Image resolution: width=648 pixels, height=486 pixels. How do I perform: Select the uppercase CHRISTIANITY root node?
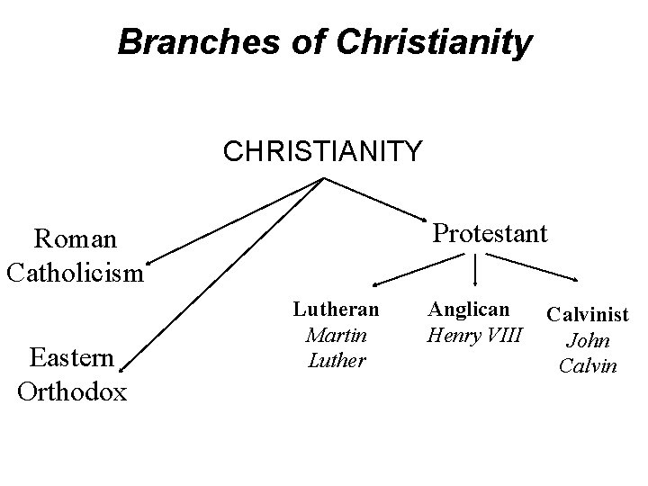coord(322,151)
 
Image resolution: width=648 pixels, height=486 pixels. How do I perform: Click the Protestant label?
coord(490,234)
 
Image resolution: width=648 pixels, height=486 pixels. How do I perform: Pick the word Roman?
coord(75,239)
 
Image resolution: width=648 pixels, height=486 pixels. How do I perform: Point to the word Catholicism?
coord(75,271)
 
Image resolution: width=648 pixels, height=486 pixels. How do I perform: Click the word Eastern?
coord(72,358)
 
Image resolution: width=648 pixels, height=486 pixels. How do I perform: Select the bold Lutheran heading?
coord(336,310)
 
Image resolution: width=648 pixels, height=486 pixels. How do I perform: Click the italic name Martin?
coord(335,335)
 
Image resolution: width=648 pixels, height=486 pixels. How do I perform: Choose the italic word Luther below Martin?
coord(337,360)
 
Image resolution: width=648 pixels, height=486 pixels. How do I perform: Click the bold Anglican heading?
coord(469,310)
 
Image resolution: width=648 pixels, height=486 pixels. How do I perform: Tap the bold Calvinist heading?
coord(588,315)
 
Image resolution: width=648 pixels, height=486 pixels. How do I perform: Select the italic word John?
coord(588,341)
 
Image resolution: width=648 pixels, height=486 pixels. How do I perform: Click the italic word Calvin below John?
coord(588,366)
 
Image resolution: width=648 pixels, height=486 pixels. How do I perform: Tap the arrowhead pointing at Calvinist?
coord(576,277)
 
